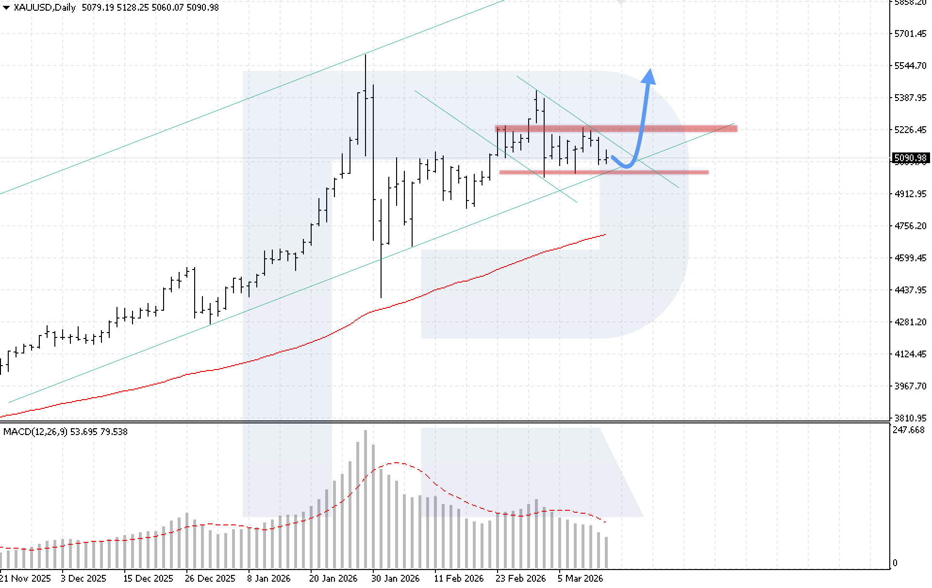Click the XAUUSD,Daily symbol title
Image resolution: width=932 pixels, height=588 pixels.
point(45,7)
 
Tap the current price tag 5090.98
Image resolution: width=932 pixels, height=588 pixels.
point(911,158)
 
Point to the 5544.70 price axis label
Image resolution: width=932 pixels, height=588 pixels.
point(910,66)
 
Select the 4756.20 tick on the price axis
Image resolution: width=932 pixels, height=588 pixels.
point(910,226)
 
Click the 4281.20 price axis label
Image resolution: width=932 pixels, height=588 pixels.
point(910,322)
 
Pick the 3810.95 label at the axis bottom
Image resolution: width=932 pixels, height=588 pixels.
point(910,418)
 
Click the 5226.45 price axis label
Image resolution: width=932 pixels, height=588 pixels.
point(910,130)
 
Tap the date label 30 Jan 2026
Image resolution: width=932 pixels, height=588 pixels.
point(395,578)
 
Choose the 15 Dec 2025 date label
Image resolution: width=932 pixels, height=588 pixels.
point(148,578)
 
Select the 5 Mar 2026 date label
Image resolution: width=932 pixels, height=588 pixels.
point(580,578)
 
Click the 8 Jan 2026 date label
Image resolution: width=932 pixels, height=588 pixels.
point(268,578)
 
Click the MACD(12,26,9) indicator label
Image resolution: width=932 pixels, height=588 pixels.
point(35,432)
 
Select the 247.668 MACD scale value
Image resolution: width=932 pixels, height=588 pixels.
point(909,430)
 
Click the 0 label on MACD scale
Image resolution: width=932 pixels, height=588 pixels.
point(895,563)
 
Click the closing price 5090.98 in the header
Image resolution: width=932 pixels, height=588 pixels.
point(202,7)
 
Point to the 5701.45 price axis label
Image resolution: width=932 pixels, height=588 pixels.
point(910,34)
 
